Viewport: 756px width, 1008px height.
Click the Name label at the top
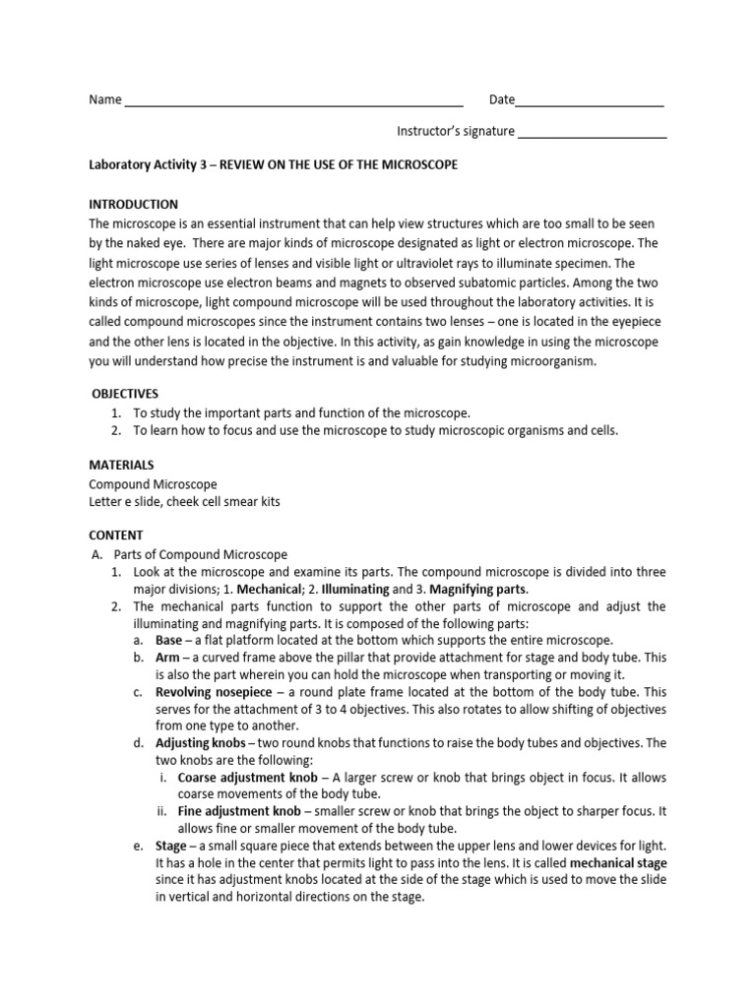click(105, 99)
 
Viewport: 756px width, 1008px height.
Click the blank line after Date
click(590, 101)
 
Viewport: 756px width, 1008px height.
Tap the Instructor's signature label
click(455, 131)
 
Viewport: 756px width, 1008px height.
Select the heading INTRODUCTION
click(134, 205)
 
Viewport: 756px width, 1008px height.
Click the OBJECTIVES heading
click(125, 393)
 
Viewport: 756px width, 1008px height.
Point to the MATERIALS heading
click(121, 465)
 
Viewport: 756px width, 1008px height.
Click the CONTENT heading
click(116, 535)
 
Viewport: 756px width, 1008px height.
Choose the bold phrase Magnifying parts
click(481, 588)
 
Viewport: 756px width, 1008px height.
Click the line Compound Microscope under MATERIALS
click(153, 484)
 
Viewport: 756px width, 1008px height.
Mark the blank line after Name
click(294, 101)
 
